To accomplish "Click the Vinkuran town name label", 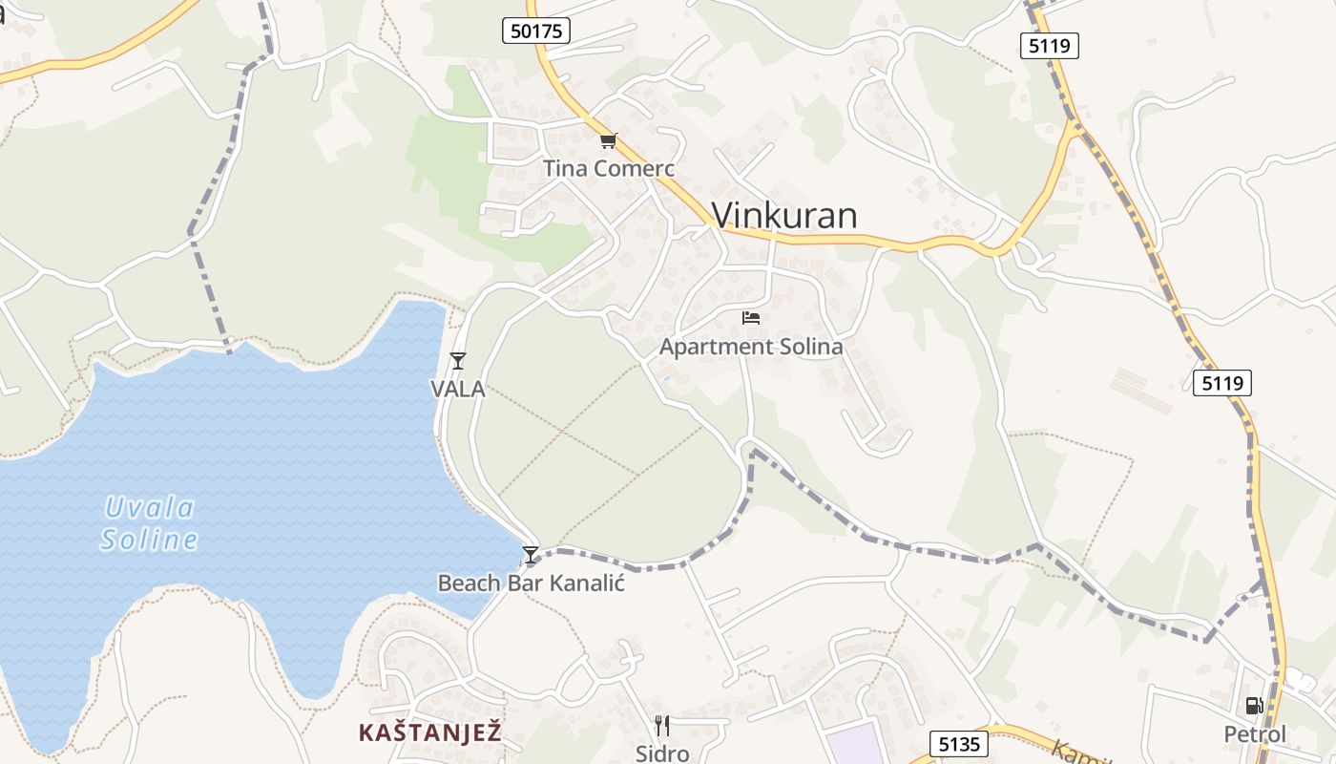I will (784, 216).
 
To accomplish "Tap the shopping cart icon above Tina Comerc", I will (608, 141).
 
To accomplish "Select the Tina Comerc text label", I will (609, 169).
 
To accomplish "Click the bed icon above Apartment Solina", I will (751, 318).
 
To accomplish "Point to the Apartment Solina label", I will (751, 347).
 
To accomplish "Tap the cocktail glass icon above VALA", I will (458, 360).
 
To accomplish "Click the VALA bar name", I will (458, 390).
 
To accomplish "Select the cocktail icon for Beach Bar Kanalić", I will (531, 555).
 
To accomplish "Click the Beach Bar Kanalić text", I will (531, 583).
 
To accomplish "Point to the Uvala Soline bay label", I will (150, 523).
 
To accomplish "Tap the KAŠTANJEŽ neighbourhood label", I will (429, 732).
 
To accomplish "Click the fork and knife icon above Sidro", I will (662, 726).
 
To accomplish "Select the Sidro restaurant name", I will (662, 753).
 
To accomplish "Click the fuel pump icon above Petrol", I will (1254, 706).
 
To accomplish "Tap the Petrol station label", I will (1255, 734).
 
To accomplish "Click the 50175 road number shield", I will (536, 31).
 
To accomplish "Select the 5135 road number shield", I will (959, 744).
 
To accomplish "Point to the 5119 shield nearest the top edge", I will (1049, 45).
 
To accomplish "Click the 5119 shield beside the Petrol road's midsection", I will (1221, 383).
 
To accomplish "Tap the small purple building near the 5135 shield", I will (854, 745).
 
